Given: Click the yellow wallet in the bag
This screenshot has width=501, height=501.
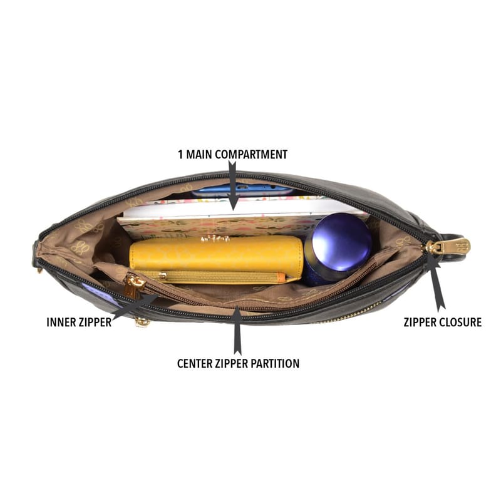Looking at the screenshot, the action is pyautogui.click(x=216, y=253).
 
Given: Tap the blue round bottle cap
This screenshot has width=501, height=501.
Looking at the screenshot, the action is pyautogui.click(x=341, y=242).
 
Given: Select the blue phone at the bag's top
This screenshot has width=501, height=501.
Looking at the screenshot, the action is pyautogui.click(x=242, y=190).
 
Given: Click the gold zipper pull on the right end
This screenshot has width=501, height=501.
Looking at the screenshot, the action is pyautogui.click(x=448, y=246).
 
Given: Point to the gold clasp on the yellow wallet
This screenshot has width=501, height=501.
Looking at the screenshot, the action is pyautogui.click(x=215, y=239).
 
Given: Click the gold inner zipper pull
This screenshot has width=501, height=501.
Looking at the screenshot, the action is pyautogui.click(x=133, y=286).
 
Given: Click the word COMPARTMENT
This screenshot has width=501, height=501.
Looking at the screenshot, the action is pyautogui.click(x=251, y=154).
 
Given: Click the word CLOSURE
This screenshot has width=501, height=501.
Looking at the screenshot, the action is pyautogui.click(x=461, y=322).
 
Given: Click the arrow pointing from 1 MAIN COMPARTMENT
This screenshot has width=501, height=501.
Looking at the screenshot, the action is pyautogui.click(x=233, y=185).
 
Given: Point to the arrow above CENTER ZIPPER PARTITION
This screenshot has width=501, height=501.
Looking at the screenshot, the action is pyautogui.click(x=237, y=331).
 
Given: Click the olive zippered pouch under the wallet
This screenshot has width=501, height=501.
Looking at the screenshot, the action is pyautogui.click(x=211, y=277).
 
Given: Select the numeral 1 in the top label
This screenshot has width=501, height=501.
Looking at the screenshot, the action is pyautogui.click(x=180, y=155).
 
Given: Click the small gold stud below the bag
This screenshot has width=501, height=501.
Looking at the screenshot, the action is pyautogui.click(x=142, y=323).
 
